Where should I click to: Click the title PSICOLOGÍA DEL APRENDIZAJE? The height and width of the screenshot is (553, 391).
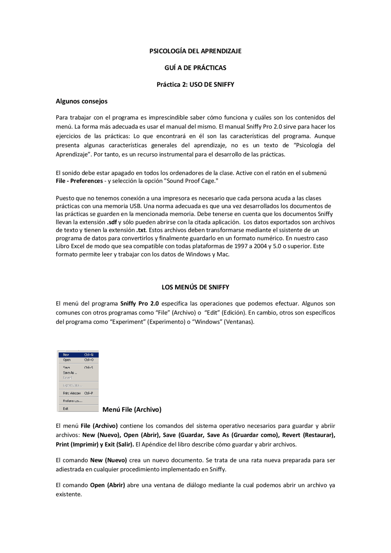pos(195,51)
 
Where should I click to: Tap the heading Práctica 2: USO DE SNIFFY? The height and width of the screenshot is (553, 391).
pos(195,85)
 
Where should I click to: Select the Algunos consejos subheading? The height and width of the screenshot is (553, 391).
pos(82,101)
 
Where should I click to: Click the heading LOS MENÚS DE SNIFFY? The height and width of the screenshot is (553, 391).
pos(195,287)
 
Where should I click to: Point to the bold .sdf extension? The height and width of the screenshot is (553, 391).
pos(112,222)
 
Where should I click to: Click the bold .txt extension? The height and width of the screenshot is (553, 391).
pos(141,230)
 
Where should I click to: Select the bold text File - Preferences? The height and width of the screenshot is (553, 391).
pos(79,181)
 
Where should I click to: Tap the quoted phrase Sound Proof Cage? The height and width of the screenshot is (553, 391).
pos(191,181)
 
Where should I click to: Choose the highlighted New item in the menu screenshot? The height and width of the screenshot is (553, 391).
pos(66,355)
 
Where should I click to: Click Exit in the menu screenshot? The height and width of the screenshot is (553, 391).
pos(66,409)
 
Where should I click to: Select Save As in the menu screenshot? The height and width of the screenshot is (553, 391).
pos(70,373)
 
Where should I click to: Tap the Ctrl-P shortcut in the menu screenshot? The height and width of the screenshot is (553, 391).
pos(89,393)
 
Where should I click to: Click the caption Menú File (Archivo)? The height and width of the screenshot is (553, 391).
pos(132,410)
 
